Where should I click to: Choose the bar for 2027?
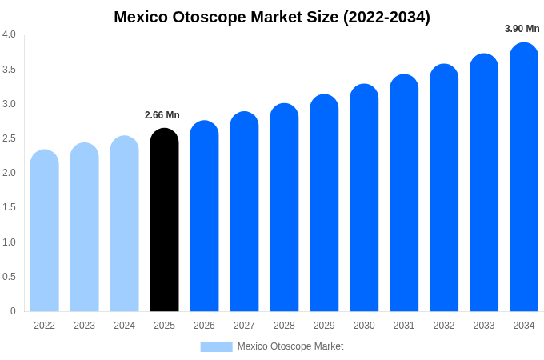pyautogui.click(x=244, y=212)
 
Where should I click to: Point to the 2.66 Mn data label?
pyautogui.click(x=162, y=115)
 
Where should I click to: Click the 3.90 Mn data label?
pyautogui.click(x=522, y=29)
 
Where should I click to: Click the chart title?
pyautogui.click(x=272, y=17)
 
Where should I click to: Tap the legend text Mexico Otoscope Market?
pyautogui.click(x=290, y=346)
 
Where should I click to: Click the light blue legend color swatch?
pyautogui.click(x=216, y=346)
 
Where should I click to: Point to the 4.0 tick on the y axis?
pyautogui.click(x=9, y=34)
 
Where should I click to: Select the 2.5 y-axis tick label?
pyautogui.click(x=9, y=138)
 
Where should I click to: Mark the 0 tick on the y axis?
pyautogui.click(x=13, y=311)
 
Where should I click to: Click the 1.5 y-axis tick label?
pyautogui.click(x=9, y=207)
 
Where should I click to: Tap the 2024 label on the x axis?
pyautogui.click(x=124, y=326)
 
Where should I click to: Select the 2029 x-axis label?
pyautogui.click(x=324, y=326)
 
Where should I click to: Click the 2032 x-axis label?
pyautogui.click(x=444, y=326)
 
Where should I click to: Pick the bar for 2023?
pyautogui.click(x=85, y=227)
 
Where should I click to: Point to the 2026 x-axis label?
pyautogui.click(x=204, y=326)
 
